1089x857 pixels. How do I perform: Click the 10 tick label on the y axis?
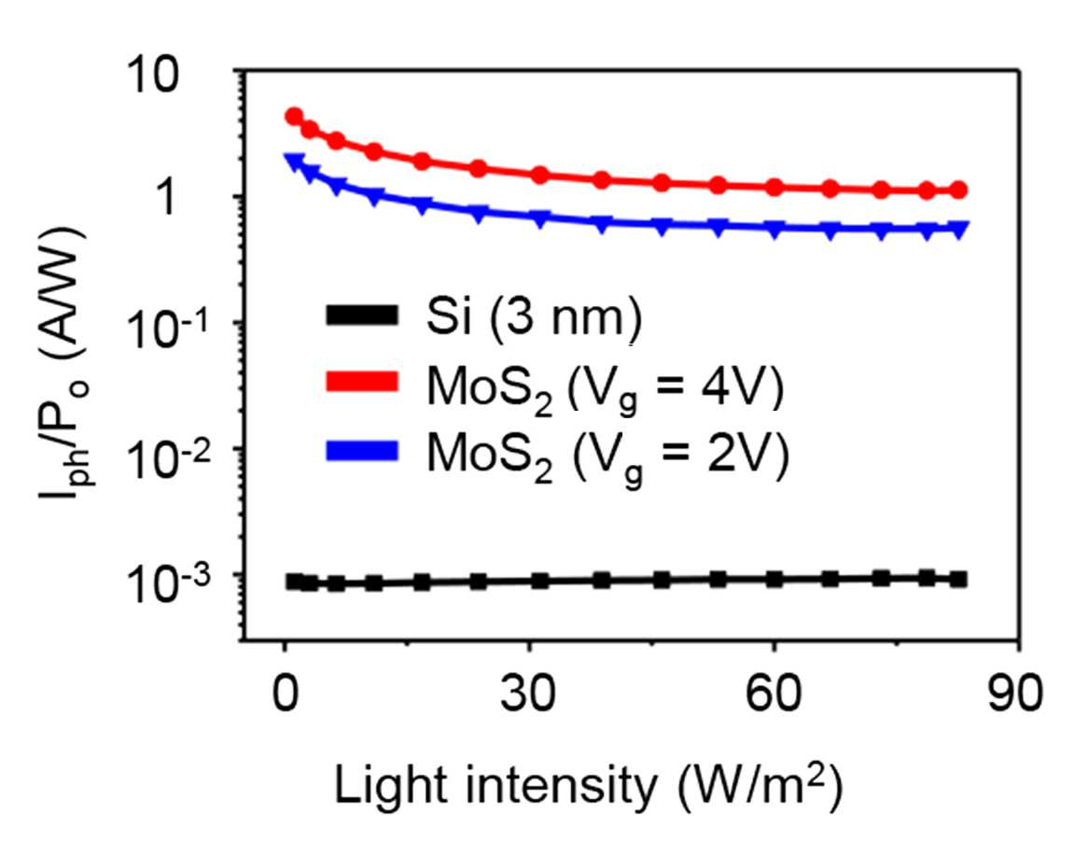(153, 75)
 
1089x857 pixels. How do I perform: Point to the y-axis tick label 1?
(167, 197)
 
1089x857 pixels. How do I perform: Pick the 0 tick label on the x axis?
(285, 693)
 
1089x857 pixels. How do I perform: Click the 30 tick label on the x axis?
(528, 693)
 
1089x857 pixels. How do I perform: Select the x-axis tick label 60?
(773, 693)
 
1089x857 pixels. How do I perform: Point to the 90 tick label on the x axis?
(1016, 693)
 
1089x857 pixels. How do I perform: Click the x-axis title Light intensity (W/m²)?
(589, 786)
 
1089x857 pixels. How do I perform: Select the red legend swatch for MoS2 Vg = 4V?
(362, 382)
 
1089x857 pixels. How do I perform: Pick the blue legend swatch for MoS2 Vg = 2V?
(362, 451)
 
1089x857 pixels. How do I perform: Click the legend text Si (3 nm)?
(534, 317)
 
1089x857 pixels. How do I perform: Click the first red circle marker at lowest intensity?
(295, 116)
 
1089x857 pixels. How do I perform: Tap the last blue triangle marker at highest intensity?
(959, 230)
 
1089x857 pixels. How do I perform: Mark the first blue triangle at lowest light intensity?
(295, 162)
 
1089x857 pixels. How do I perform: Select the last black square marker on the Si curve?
(959, 580)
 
